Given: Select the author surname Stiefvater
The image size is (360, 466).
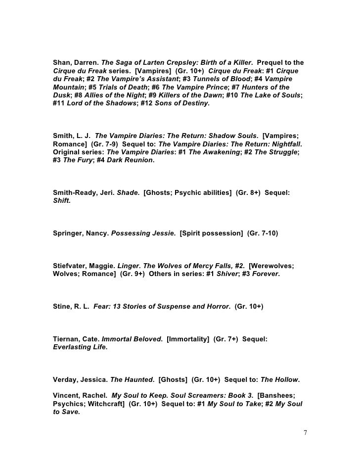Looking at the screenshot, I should (69, 265).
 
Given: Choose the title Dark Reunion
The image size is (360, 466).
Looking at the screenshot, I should (129, 160).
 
